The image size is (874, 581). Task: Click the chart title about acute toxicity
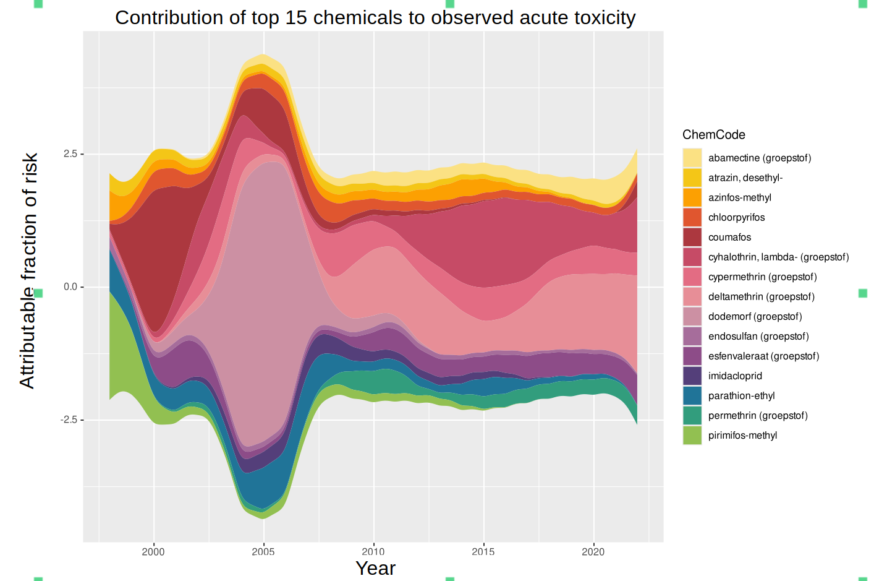(375, 18)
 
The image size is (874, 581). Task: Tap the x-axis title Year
(375, 568)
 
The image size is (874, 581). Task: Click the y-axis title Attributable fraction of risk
(28, 270)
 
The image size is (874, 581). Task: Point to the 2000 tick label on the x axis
(153, 552)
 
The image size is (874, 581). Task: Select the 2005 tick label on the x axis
(263, 552)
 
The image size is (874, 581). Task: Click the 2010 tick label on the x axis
(373, 552)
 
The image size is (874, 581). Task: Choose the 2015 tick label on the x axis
(483, 552)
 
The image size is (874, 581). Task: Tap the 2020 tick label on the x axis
(593, 552)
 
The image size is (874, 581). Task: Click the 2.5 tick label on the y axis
(70, 154)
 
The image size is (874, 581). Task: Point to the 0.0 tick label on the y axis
(70, 287)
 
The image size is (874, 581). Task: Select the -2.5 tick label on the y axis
(69, 420)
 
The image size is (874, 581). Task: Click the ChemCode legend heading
(713, 135)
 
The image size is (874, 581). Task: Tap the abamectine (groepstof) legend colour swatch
(692, 158)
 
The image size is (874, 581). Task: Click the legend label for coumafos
(729, 237)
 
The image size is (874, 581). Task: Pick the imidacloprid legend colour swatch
(692, 376)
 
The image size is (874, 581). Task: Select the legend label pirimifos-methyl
(742, 435)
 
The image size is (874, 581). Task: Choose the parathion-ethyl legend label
(741, 395)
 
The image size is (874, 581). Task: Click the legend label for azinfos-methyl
(739, 197)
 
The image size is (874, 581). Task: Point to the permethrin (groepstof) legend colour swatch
(692, 415)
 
